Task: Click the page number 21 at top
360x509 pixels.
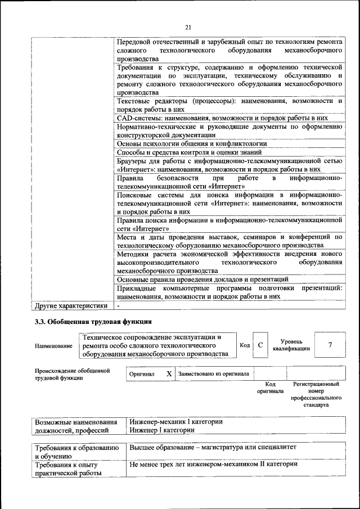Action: pyautogui.click(x=188, y=27)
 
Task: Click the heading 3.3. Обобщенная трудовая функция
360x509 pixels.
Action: pyautogui.click(x=93, y=322)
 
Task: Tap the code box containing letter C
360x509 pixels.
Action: pyautogui.click(x=260, y=345)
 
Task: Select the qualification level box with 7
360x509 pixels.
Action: pyautogui.click(x=330, y=345)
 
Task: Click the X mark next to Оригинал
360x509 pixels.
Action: pyautogui.click(x=168, y=373)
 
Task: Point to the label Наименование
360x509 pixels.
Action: pyautogui.click(x=53, y=345)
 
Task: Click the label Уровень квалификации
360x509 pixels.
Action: pyautogui.click(x=291, y=345)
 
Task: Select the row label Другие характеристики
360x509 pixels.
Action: pyautogui.click(x=71, y=306)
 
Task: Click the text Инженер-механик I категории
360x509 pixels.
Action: pyautogui.click(x=176, y=421)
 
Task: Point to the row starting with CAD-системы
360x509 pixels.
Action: pyautogui.click(x=222, y=119)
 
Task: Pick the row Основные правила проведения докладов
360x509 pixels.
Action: pyautogui.click(x=202, y=279)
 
